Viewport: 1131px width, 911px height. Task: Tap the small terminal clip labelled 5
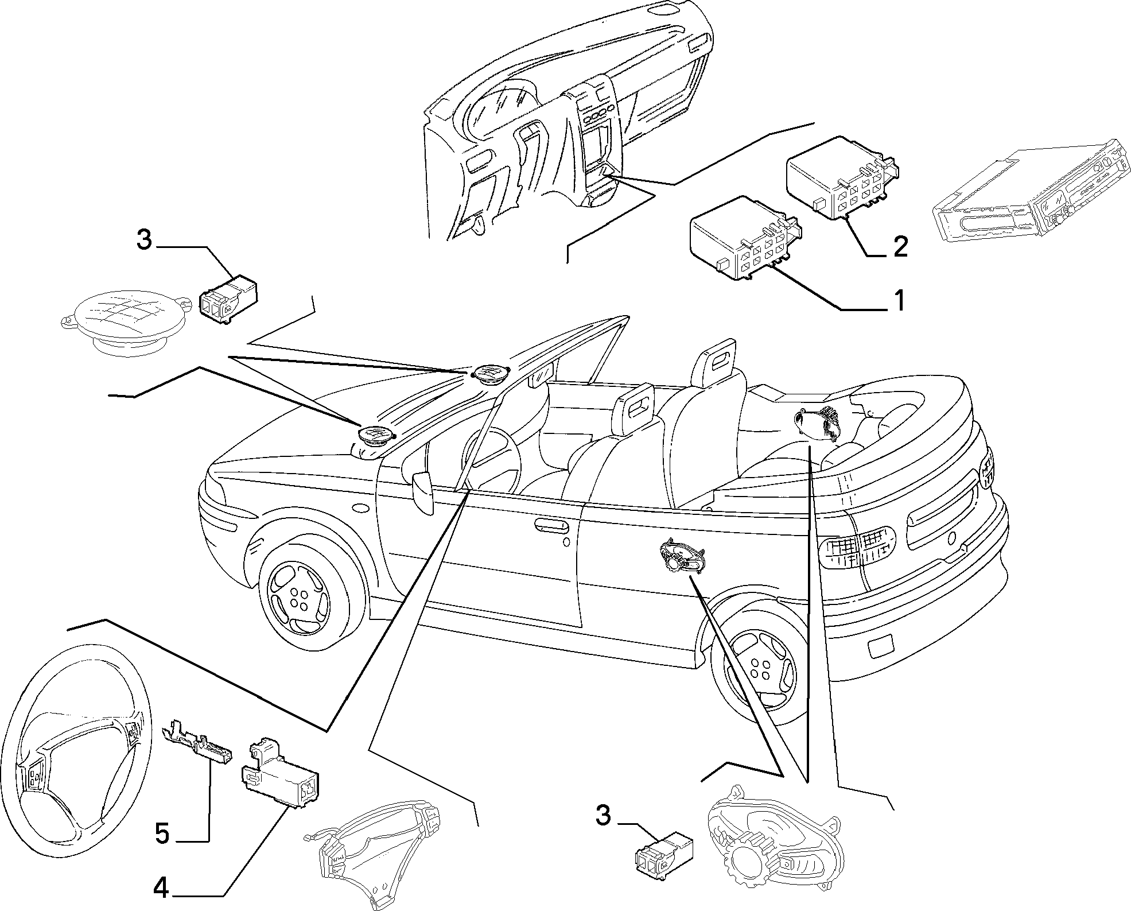click(x=196, y=741)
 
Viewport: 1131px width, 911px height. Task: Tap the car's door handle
click(x=551, y=523)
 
